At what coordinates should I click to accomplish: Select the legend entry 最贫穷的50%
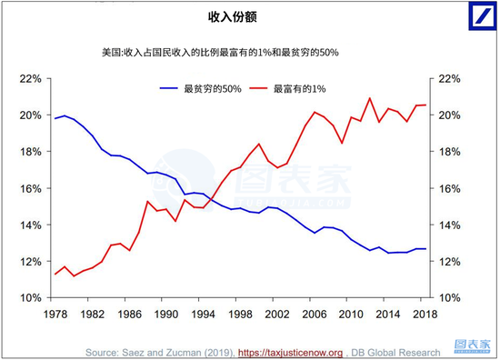[205, 88]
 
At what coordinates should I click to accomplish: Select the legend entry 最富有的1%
[295, 88]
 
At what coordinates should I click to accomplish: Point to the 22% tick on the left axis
[31, 79]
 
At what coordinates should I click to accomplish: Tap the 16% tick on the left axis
[31, 188]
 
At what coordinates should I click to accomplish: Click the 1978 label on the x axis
[55, 314]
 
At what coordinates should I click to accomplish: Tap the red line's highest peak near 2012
[370, 98]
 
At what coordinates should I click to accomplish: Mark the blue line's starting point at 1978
[55, 118]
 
